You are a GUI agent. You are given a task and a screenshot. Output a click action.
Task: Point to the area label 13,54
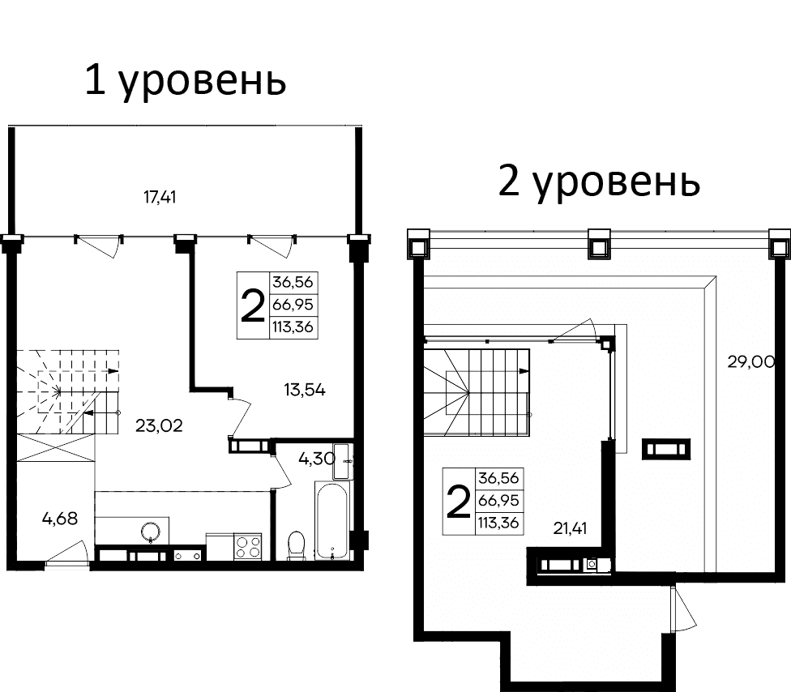pyautogui.click(x=304, y=390)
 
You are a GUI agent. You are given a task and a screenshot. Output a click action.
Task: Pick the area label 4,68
pyautogui.click(x=60, y=519)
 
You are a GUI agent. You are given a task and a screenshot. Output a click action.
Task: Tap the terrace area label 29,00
pyautogui.click(x=751, y=362)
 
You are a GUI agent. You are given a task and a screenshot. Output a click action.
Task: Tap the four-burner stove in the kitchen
pyautogui.click(x=247, y=545)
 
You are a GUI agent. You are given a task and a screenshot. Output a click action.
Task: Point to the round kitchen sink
pyautogui.click(x=151, y=532)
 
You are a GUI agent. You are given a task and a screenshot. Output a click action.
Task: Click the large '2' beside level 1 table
pyautogui.click(x=253, y=305)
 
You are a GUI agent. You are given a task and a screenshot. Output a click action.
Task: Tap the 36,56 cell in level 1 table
pyautogui.click(x=294, y=284)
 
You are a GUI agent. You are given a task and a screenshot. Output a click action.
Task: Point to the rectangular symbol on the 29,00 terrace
pyautogui.click(x=666, y=448)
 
